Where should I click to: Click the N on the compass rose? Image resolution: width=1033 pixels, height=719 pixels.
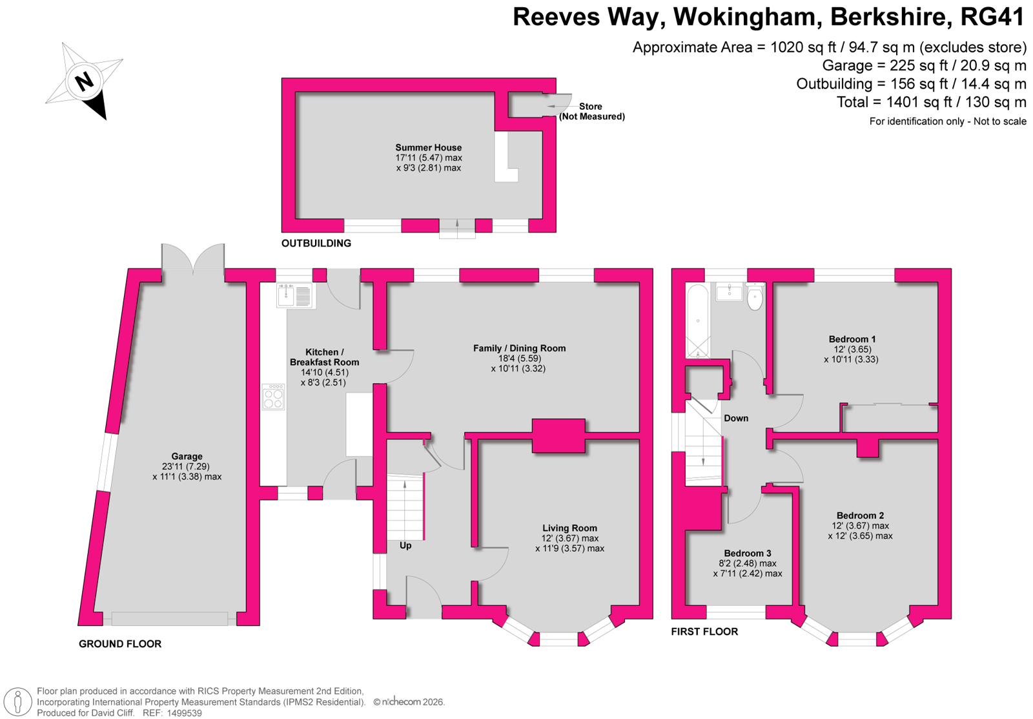click(x=85, y=81)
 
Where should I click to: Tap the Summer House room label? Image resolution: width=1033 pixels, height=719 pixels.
click(x=429, y=148)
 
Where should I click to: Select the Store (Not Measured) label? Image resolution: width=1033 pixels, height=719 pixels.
click(x=591, y=111)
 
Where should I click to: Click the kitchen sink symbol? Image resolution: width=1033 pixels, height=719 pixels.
click(x=296, y=295)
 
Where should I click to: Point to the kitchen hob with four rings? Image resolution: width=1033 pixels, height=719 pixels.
click(x=274, y=397)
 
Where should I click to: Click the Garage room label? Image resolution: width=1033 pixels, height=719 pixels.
click(x=187, y=457)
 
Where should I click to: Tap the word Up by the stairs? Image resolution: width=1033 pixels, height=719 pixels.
click(x=405, y=545)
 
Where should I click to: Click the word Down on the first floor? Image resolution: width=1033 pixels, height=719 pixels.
click(x=736, y=418)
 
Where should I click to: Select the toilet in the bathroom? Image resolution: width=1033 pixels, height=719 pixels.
click(x=755, y=297)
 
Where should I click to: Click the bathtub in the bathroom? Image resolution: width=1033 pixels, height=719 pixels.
click(x=698, y=321)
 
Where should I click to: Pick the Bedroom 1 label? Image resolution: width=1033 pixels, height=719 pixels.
click(x=852, y=339)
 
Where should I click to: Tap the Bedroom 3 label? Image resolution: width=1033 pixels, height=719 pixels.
click(x=748, y=554)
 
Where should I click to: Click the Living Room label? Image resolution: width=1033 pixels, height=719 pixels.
click(x=569, y=528)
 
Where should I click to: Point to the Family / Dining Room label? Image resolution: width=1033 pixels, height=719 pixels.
click(x=519, y=348)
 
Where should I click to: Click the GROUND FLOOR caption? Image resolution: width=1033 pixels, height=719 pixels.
click(x=120, y=644)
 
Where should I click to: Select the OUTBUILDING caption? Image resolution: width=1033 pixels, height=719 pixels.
click(x=316, y=243)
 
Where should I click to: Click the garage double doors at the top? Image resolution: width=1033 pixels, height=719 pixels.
click(x=193, y=258)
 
